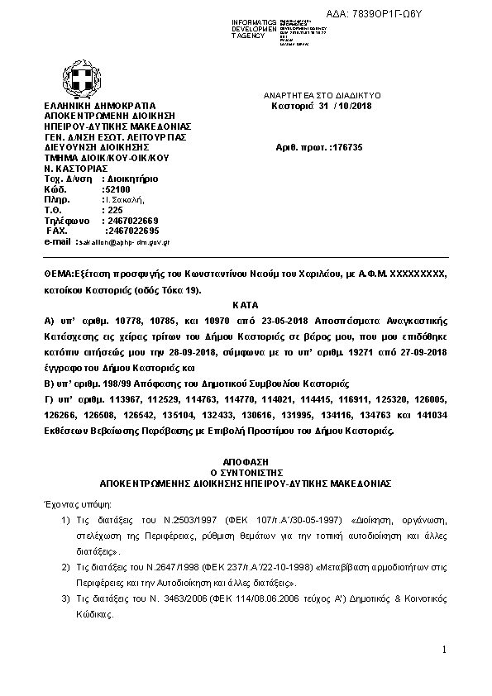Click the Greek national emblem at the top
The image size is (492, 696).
pyautogui.click(x=84, y=79)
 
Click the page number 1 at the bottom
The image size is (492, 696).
pyautogui.click(x=444, y=651)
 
